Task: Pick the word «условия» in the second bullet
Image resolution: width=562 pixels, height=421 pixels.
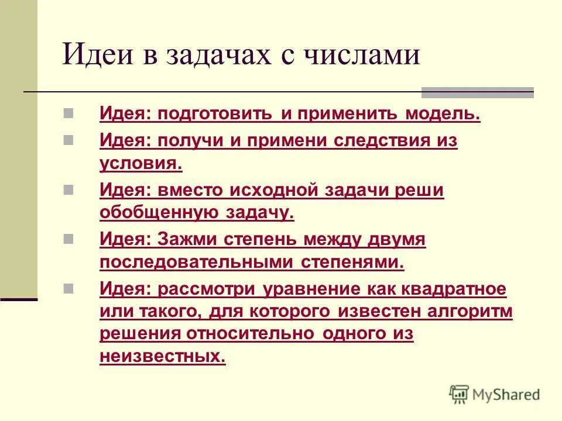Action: (x=140, y=163)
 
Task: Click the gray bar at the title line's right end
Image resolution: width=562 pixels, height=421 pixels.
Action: (x=478, y=92)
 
